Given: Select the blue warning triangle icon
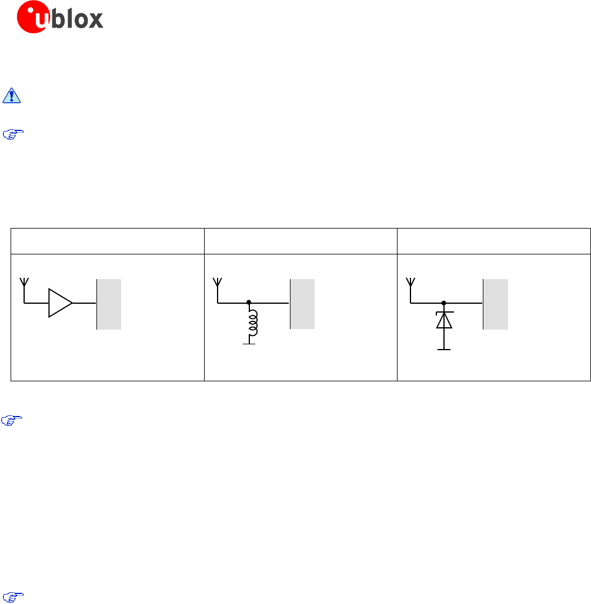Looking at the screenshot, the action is (11, 96).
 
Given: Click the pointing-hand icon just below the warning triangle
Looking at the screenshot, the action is (11, 135).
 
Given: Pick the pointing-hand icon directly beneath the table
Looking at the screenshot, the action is (11, 421).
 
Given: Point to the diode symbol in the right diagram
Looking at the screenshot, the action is (444, 320).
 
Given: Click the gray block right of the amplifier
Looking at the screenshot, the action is (109, 304).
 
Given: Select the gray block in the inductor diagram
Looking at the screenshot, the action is (302, 304).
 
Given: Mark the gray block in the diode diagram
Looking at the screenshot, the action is (495, 304).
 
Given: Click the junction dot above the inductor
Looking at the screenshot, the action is (249, 303).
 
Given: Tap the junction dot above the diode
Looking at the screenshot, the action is (444, 303).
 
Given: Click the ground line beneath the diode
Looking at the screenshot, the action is (444, 350).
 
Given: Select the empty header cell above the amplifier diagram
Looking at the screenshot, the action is (108, 241).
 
